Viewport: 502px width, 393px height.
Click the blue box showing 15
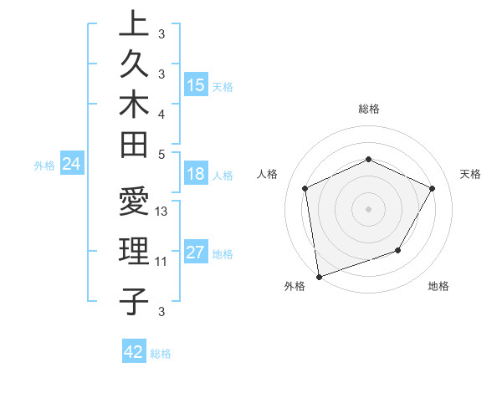coord(197,84)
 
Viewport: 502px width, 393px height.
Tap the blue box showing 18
coord(197,175)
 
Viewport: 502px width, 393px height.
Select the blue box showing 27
coord(197,253)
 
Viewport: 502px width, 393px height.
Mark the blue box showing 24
coord(72,164)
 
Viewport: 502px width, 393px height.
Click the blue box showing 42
coord(134,352)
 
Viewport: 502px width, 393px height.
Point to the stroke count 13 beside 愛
coord(162,212)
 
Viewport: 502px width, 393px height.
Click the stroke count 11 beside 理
coord(161,261)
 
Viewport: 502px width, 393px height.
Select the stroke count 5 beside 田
coord(161,154)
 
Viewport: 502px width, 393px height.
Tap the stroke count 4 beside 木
coord(161,113)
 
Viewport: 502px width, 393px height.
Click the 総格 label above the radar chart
coord(368,109)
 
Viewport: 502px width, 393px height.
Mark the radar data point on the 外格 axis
coord(319,276)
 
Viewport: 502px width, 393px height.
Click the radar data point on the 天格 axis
coord(432,188)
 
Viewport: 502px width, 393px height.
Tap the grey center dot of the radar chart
coord(368,208)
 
